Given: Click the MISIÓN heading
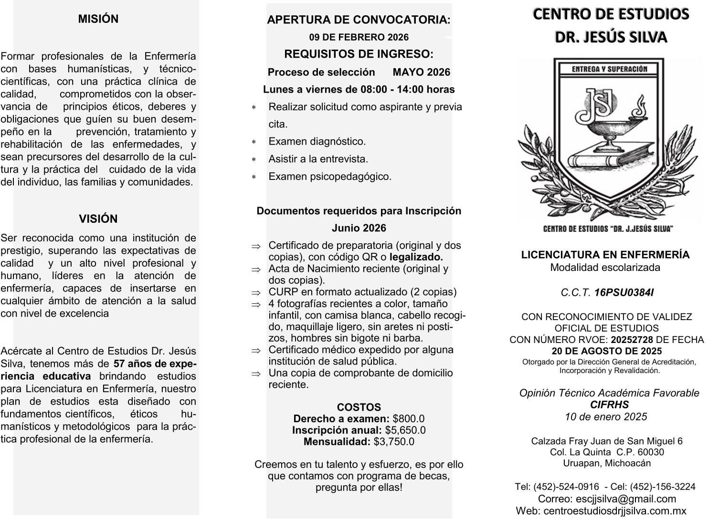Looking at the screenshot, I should (98, 19).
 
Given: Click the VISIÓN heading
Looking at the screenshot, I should (98, 219).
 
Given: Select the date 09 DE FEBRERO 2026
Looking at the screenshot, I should (359, 37).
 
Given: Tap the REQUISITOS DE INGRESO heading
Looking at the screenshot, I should (359, 54).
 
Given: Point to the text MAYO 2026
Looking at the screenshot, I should (422, 72).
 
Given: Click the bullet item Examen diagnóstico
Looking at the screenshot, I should (317, 142).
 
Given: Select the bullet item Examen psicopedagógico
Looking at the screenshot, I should (330, 176).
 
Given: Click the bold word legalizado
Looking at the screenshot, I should (416, 257).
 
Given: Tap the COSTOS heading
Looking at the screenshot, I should (359, 407).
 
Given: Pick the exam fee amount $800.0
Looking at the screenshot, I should (409, 419).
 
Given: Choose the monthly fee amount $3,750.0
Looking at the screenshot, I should (394, 442).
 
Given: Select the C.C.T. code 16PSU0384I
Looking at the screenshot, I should (624, 292).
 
